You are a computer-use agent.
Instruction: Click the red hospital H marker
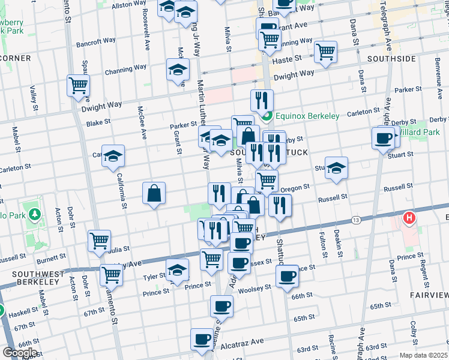pyautogui.click(x=410, y=218)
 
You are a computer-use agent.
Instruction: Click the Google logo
pyautogui.click(x=20, y=353)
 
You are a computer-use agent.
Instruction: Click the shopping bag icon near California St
pyautogui.click(x=154, y=193)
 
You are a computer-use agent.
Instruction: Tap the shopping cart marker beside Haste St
pyautogui.click(x=325, y=52)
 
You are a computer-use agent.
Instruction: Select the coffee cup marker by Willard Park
pyautogui.click(x=383, y=139)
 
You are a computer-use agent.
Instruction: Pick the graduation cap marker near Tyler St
pyautogui.click(x=177, y=271)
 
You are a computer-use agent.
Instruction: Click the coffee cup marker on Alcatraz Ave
pyautogui.click(x=202, y=340)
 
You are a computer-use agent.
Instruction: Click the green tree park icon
pyautogui.click(x=35, y=214)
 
